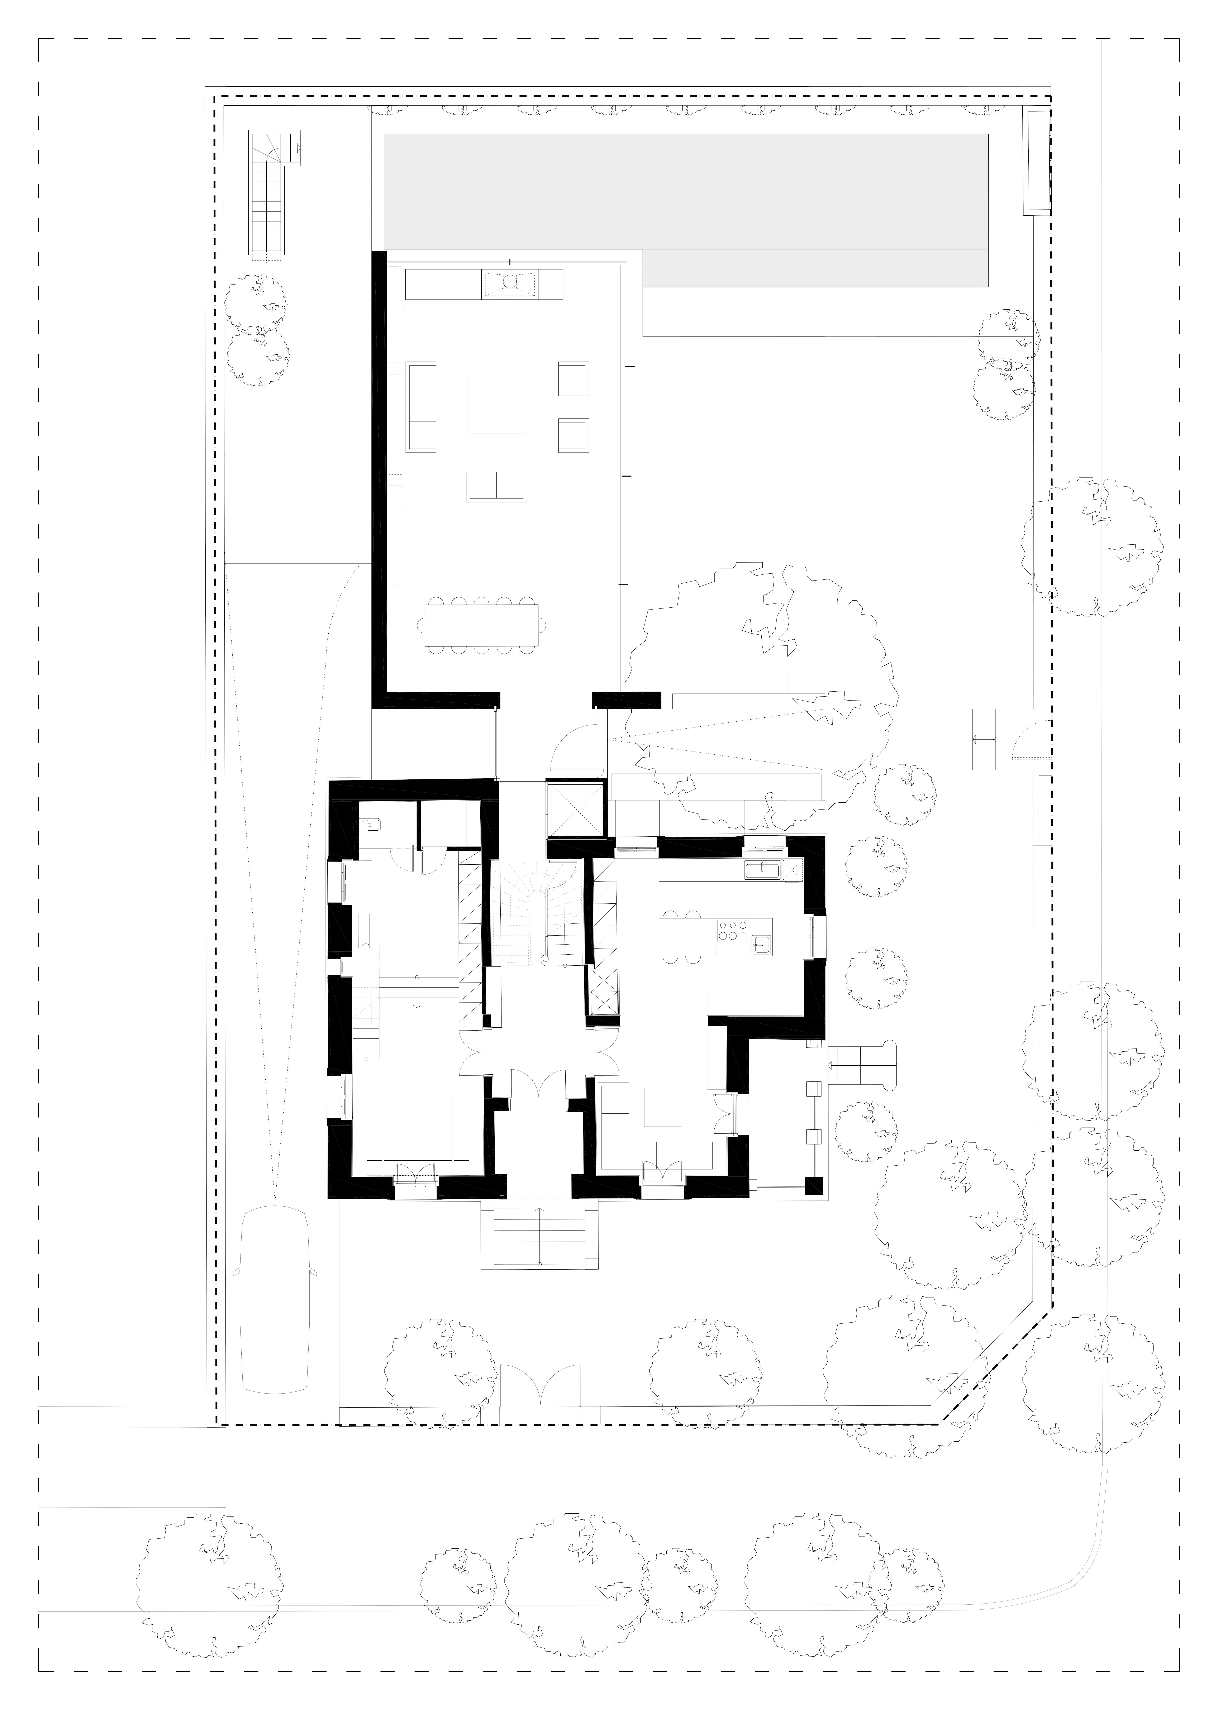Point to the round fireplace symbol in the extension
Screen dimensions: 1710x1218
click(x=509, y=283)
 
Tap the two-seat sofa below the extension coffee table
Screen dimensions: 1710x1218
click(x=496, y=487)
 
